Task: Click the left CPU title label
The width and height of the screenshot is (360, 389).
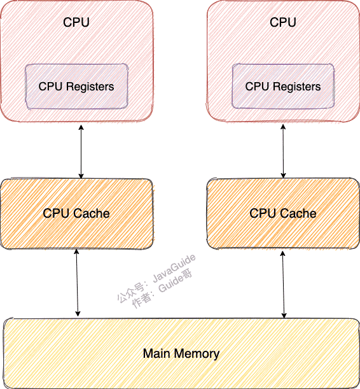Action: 76,22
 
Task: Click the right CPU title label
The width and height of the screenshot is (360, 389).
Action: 283,22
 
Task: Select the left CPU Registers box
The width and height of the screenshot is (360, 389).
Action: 76,86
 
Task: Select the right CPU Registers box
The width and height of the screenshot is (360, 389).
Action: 283,86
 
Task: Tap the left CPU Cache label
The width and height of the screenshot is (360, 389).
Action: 76,213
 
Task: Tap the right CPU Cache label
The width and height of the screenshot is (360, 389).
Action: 283,213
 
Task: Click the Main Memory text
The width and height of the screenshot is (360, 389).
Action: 181,353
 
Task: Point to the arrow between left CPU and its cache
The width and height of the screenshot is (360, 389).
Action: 81,152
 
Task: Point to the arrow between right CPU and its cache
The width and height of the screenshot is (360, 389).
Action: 283,152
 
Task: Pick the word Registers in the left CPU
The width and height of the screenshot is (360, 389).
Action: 90,86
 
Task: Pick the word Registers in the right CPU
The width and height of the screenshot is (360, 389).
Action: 297,86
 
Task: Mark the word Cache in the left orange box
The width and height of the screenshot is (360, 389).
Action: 93,213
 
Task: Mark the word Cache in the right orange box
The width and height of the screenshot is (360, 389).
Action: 300,213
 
